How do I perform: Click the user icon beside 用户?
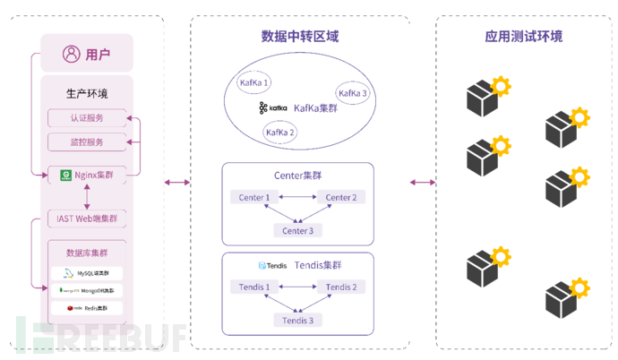pyautogui.click(x=72, y=54)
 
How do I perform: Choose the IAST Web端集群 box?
pyautogui.click(x=87, y=219)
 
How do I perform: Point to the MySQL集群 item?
pyautogui.click(x=87, y=273)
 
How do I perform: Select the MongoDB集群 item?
pyautogui.click(x=87, y=290)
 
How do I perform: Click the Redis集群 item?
pyautogui.click(x=87, y=307)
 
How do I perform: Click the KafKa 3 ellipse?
pyautogui.click(x=352, y=93)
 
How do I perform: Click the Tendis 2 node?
pyautogui.click(x=340, y=287)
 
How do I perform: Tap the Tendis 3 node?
pyautogui.click(x=298, y=320)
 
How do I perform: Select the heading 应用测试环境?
pyautogui.click(x=518, y=37)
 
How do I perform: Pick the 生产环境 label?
pyautogui.click(x=87, y=93)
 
